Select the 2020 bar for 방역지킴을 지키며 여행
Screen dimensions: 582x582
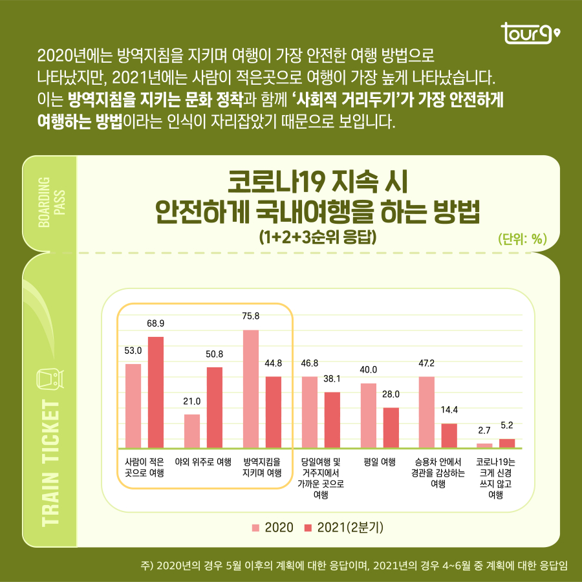coord(251,388)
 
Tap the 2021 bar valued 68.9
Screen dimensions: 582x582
coord(156,392)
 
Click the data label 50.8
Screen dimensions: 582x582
coord(215,354)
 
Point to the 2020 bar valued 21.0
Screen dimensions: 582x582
coord(192,431)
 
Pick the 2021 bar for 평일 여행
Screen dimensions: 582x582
coord(391,427)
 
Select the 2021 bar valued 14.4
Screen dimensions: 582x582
coord(449,435)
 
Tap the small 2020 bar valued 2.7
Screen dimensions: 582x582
coord(484,445)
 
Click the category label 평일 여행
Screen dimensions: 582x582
coord(380,462)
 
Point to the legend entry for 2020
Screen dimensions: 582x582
coord(272,527)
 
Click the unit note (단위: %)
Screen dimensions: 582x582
coord(523,239)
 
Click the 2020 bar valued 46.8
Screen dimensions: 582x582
coord(310,412)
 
